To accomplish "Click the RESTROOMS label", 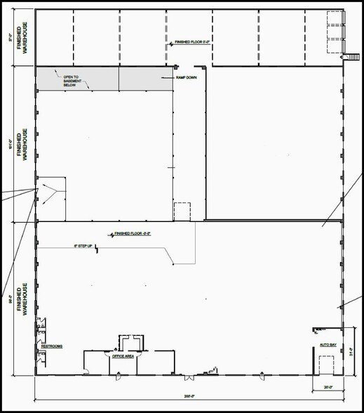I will [x=52, y=347].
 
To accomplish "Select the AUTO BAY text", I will [x=328, y=346].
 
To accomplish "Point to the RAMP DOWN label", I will [x=186, y=77].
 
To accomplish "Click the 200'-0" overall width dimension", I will [x=189, y=397].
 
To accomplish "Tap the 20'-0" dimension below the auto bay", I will [x=328, y=388].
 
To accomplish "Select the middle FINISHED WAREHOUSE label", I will [x=25, y=145].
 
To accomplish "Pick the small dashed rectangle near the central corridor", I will [x=182, y=211].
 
